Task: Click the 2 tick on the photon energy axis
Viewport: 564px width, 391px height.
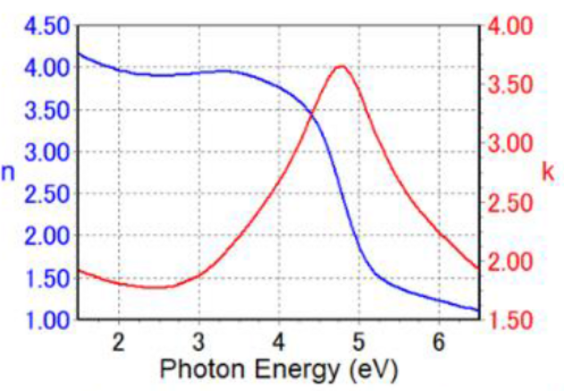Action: tap(119, 343)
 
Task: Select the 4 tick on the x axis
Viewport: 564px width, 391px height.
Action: tap(279, 343)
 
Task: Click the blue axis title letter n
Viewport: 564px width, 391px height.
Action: tap(9, 173)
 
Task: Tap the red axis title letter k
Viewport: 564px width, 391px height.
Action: tap(548, 172)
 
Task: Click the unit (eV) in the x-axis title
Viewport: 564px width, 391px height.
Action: tap(371, 371)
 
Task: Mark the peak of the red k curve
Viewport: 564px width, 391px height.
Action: tap(341, 66)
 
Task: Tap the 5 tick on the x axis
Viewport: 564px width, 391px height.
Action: tap(359, 343)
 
